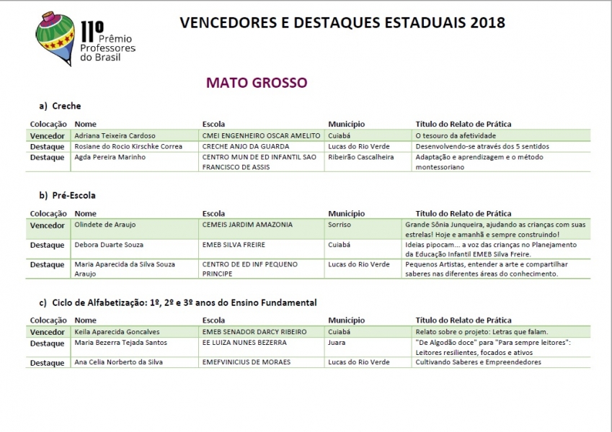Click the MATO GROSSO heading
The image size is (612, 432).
point(257,82)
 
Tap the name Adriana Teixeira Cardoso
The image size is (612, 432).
point(115,135)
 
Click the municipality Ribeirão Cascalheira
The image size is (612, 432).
point(361,157)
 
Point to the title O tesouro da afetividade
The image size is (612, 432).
point(456,135)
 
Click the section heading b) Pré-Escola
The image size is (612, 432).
point(68,194)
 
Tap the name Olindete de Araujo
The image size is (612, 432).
point(105,225)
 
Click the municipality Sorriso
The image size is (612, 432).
point(340,225)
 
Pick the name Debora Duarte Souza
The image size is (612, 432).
point(109,245)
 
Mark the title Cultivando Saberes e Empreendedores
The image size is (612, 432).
point(478,362)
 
